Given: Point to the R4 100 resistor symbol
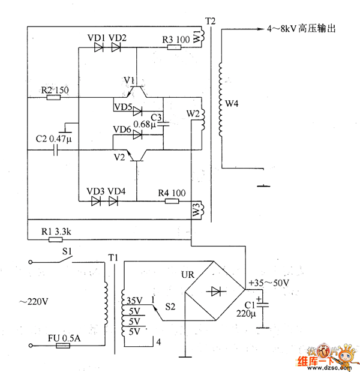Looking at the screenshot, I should point(172,201).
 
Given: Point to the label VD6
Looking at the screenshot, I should point(122,130).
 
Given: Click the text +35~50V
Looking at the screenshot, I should point(268,282).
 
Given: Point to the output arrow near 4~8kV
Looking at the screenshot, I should point(256,28).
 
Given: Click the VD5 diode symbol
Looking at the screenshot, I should point(137,110).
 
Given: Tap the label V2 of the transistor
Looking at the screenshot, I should point(119,157).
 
